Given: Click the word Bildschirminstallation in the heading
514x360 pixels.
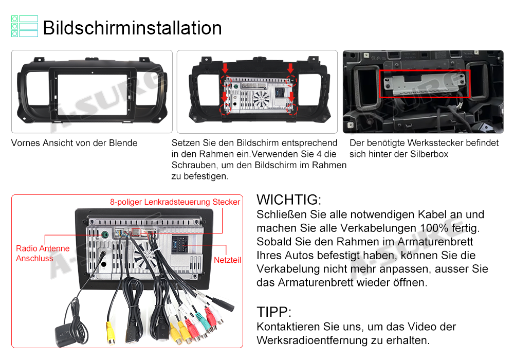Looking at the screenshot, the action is pyautogui.click(x=133, y=28).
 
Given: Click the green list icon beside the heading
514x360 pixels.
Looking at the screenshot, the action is pyautogui.click(x=25, y=26).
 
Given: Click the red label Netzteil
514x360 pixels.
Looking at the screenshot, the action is pyautogui.click(x=227, y=260).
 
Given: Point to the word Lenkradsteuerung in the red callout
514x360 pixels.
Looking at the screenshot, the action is pyautogui.click(x=177, y=202).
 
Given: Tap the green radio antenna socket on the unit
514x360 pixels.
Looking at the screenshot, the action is pyautogui.click(x=105, y=235).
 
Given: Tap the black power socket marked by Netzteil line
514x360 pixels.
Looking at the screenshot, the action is pyautogui.click(x=179, y=244).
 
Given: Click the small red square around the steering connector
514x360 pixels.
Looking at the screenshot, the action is pyautogui.click(x=136, y=232).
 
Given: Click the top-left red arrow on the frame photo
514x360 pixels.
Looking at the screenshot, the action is pyautogui.click(x=225, y=68).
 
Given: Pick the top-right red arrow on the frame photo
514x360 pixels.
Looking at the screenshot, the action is pyautogui.click(x=290, y=68).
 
